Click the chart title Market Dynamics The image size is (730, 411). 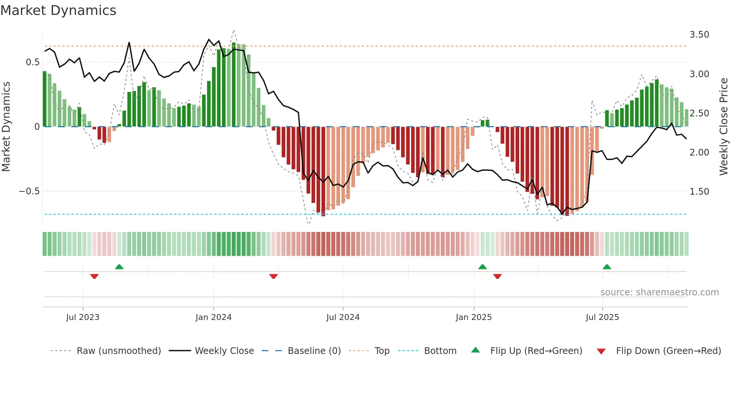point(58,10)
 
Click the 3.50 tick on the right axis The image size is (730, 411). point(699,35)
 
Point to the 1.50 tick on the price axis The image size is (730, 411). point(699,192)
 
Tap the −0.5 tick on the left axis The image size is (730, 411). point(29,191)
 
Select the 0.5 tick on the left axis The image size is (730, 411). point(32,62)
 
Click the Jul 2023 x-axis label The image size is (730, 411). point(83,317)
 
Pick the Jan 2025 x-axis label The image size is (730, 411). point(473,317)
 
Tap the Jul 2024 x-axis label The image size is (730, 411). point(343,317)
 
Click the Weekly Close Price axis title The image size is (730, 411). point(723,126)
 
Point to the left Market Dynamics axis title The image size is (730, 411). point(6,126)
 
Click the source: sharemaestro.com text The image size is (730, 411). point(659,292)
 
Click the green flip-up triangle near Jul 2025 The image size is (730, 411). point(607,267)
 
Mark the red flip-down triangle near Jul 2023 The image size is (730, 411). point(94,276)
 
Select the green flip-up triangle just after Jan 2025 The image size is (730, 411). point(482,267)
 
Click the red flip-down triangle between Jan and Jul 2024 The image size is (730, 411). point(273,276)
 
